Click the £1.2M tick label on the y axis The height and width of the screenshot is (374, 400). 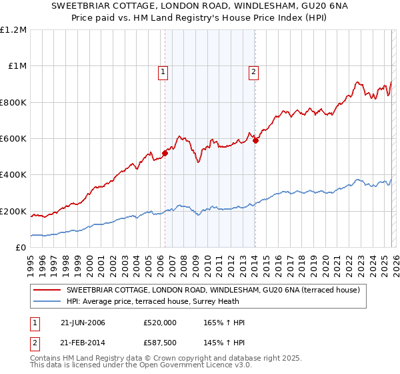pos(13,30)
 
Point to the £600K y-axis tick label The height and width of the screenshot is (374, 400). pos(13,139)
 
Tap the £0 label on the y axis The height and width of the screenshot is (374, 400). pos(21,248)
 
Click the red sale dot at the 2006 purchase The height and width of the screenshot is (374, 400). pos(165,153)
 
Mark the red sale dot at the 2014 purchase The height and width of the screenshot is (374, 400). pos(256,140)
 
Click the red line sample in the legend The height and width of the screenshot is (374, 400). pos(47,290)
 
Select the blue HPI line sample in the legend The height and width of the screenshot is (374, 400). pos(47,301)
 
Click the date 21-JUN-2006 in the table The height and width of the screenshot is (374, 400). pos(81,323)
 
